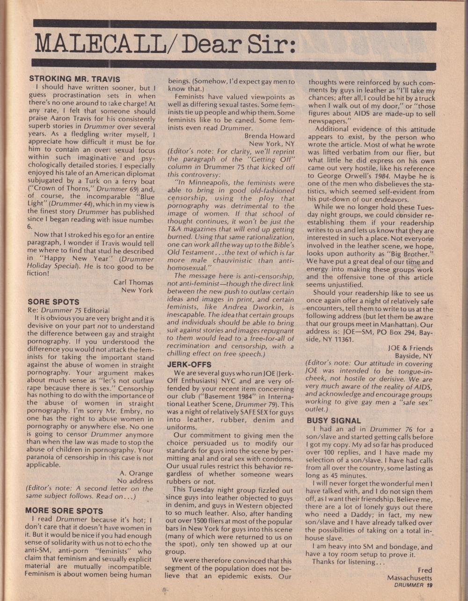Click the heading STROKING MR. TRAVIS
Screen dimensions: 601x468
(74, 79)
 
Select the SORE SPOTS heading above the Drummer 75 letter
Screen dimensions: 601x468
(53, 302)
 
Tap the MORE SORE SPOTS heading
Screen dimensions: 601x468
(64, 510)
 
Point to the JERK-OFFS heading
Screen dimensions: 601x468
(189, 364)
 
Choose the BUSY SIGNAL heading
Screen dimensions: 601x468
(334, 420)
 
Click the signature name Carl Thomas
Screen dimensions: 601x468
(133, 282)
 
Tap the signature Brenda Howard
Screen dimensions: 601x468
(270, 136)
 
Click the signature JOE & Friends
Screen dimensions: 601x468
(410, 348)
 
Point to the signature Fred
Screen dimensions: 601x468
(425, 570)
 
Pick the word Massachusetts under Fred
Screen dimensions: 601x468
(409, 578)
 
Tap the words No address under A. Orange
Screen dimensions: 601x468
(135, 481)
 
